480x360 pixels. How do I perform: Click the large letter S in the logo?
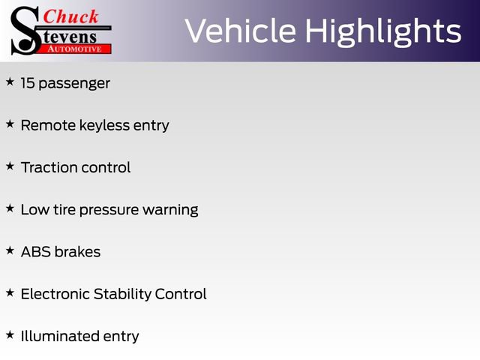click(x=25, y=30)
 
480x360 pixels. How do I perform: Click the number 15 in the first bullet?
click(x=28, y=83)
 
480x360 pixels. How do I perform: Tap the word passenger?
click(x=75, y=84)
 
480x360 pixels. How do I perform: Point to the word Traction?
click(x=49, y=167)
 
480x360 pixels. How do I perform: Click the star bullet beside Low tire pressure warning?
click(x=10, y=207)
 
